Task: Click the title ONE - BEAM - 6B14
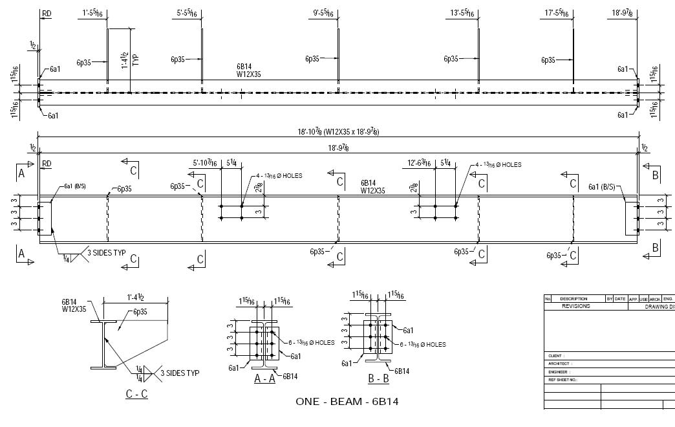347,402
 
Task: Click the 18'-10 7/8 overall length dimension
338,132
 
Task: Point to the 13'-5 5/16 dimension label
463,13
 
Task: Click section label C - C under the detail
136,394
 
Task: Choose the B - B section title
378,380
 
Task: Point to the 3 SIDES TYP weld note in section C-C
180,373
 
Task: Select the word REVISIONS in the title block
575,306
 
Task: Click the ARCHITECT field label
560,364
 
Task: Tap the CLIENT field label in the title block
555,356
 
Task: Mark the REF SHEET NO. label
562,380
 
